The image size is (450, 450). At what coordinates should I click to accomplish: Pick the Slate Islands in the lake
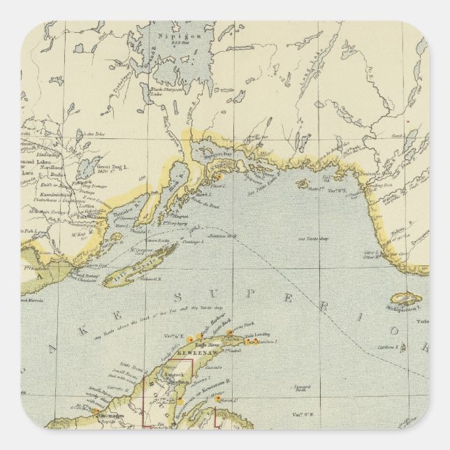pos(303,184)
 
